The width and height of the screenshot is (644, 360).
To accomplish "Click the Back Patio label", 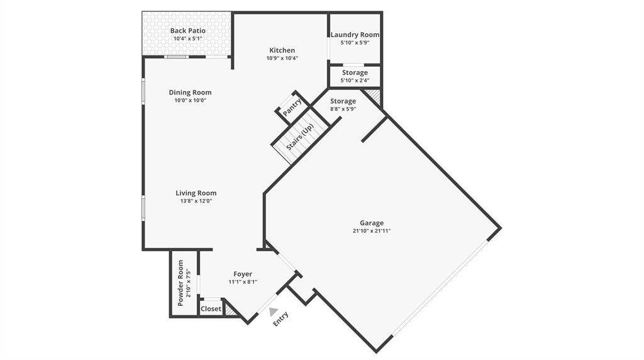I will pyautogui.click(x=187, y=30).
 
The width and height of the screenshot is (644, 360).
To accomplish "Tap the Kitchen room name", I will pyautogui.click(x=282, y=50).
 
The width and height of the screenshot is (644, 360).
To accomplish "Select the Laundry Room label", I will pyautogui.click(x=355, y=35).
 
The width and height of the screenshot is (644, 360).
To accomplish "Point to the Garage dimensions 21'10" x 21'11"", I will pyautogui.click(x=372, y=231).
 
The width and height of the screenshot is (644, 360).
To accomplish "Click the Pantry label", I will pyautogui.click(x=292, y=107).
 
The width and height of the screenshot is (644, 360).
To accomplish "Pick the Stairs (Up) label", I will pyautogui.click(x=300, y=138).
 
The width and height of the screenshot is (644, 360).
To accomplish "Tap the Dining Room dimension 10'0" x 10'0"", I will pyautogui.click(x=190, y=101).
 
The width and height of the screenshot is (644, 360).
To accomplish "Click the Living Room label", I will pyautogui.click(x=196, y=193).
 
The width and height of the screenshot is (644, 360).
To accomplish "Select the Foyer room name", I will pyautogui.click(x=243, y=274).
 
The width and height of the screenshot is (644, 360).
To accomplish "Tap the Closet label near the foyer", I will pyautogui.click(x=211, y=309).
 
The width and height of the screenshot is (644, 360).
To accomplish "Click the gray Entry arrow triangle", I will pyautogui.click(x=272, y=311).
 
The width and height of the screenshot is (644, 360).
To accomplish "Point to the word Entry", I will pyautogui.click(x=280, y=319).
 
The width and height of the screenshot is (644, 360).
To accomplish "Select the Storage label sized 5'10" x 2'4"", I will pyautogui.click(x=355, y=73).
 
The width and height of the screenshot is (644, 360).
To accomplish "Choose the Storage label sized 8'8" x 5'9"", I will pyautogui.click(x=343, y=101).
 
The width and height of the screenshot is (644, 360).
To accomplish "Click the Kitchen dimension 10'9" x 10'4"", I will pyautogui.click(x=282, y=59).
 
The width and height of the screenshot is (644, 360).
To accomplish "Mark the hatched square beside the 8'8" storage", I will pyautogui.click(x=374, y=96).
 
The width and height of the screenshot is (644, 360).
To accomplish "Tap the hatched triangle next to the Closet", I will pyautogui.click(x=231, y=309).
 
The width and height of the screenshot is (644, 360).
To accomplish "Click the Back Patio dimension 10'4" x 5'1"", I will pyautogui.click(x=187, y=38).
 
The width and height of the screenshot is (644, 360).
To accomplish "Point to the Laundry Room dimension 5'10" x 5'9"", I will pyautogui.click(x=355, y=43).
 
